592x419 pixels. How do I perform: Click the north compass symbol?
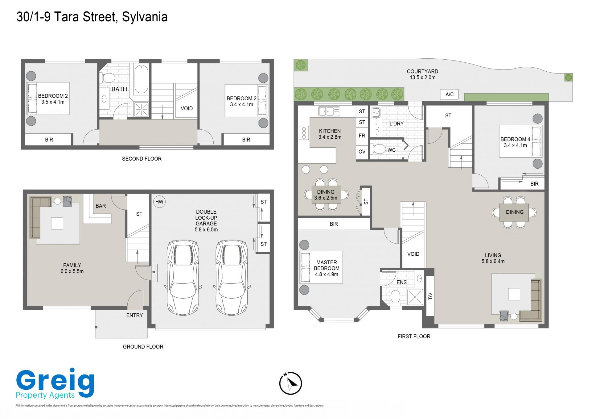(290, 383)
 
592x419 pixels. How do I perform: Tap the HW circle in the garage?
(159, 202)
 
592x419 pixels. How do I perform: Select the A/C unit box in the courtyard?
(449, 94)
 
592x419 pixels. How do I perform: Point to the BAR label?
(101, 206)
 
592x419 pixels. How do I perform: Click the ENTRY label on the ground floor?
(134, 315)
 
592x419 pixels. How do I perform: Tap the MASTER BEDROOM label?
(327, 265)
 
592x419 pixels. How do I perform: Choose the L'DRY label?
(397, 124)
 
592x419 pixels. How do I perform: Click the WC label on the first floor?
(391, 150)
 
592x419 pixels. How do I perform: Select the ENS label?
(401, 283)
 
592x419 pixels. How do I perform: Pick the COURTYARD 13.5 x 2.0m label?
(422, 74)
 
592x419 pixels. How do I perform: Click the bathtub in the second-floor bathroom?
(141, 79)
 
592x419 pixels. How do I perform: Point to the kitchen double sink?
(329, 111)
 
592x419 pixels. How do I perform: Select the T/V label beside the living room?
(430, 296)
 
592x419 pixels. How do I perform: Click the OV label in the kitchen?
(362, 152)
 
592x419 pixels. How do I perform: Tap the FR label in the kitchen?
(362, 136)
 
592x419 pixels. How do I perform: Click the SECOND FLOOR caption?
(142, 159)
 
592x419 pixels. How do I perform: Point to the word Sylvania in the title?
(145, 17)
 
